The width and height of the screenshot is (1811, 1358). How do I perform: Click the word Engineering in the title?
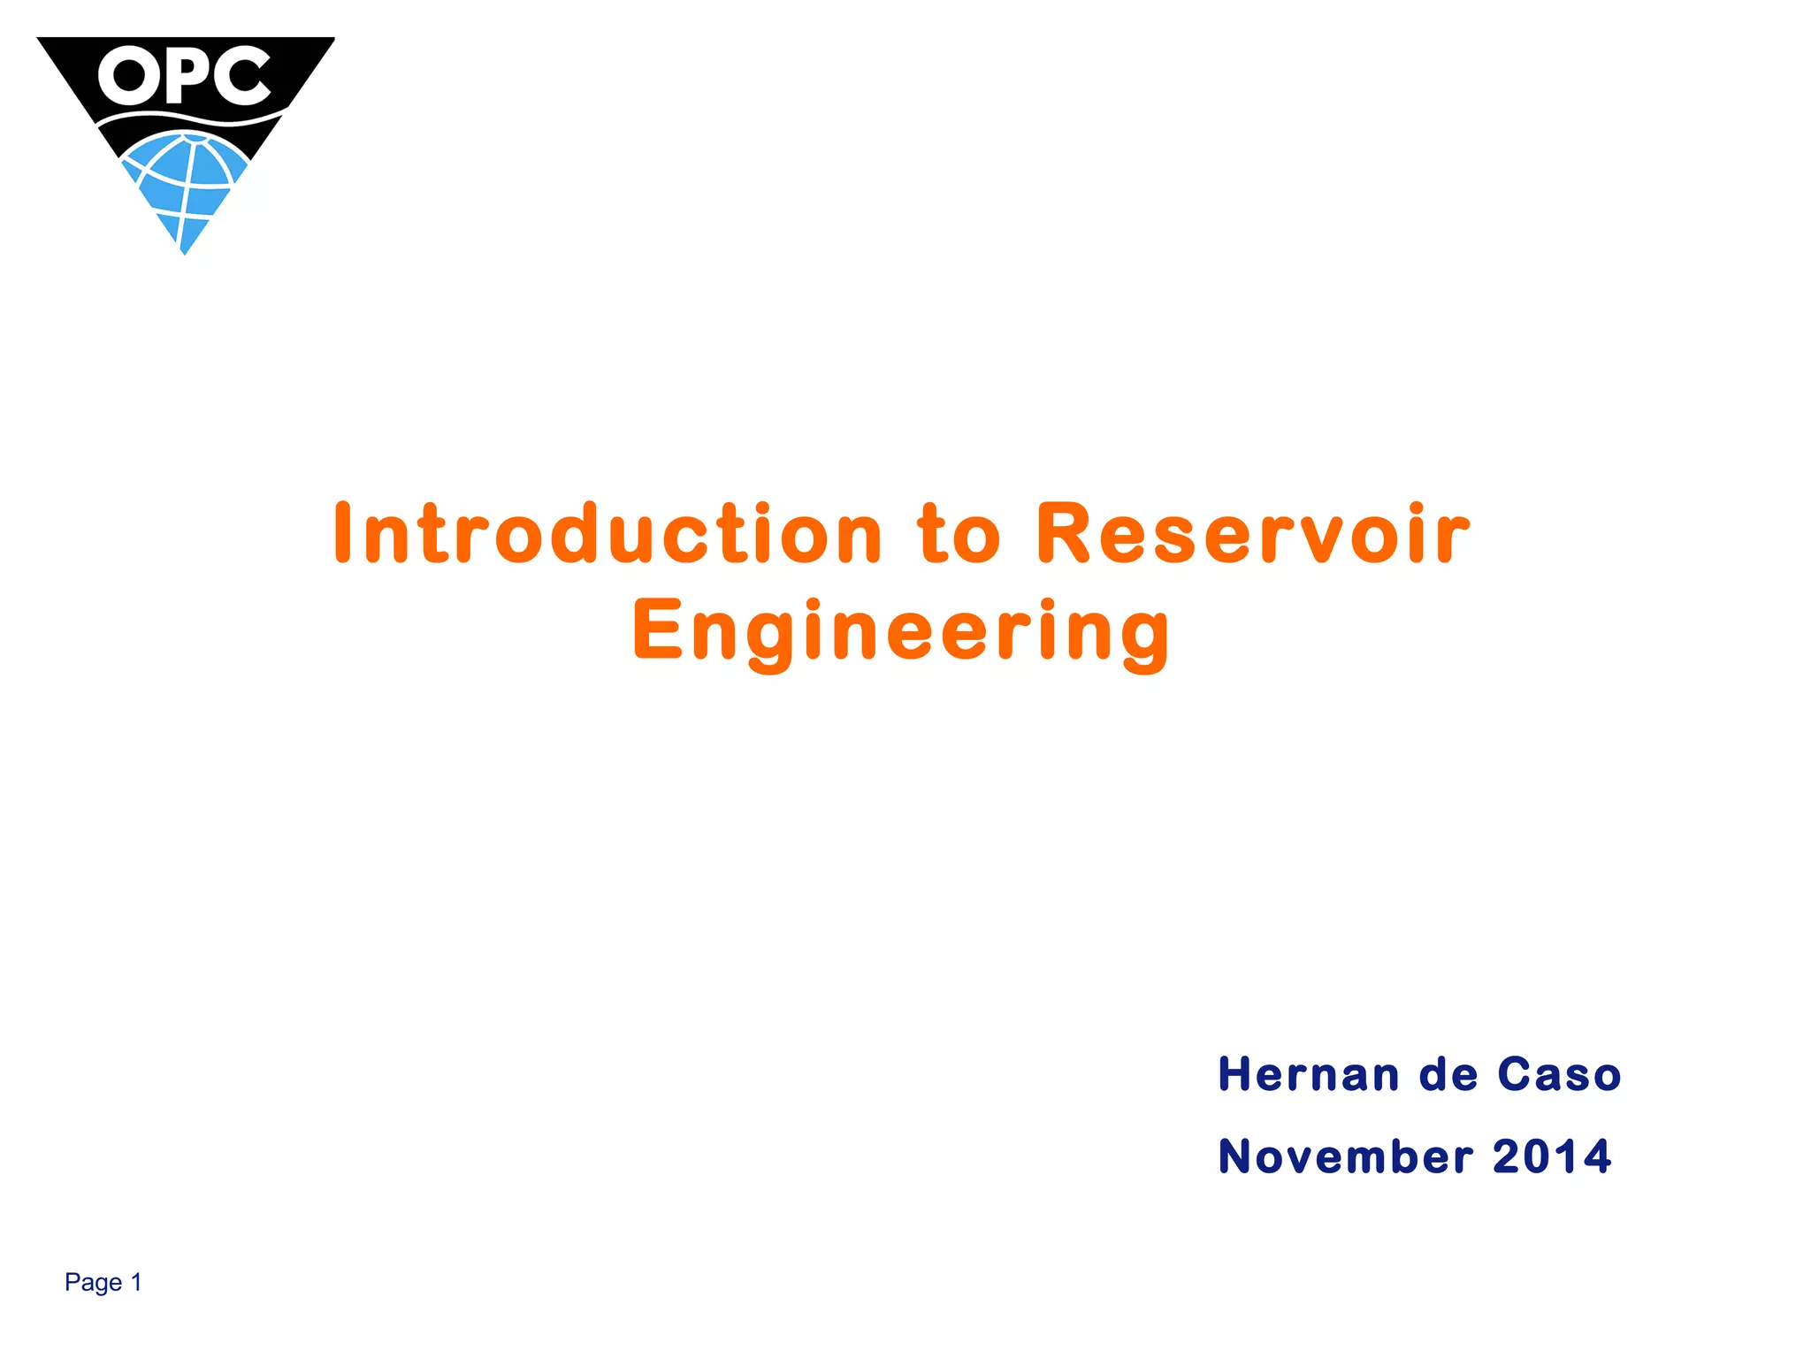(x=901, y=630)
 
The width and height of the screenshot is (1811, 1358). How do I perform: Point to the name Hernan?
(x=1308, y=1074)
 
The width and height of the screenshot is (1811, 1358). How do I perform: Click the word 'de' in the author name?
(x=1448, y=1074)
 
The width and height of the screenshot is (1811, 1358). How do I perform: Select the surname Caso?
(x=1559, y=1074)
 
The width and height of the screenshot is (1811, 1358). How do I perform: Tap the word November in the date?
(x=1345, y=1156)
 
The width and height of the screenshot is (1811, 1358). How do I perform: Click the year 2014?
(x=1552, y=1156)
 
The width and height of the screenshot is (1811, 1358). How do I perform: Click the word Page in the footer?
(x=93, y=1282)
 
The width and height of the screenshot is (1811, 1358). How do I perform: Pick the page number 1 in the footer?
(x=136, y=1282)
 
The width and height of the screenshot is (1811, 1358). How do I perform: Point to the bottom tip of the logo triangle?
(x=184, y=252)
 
